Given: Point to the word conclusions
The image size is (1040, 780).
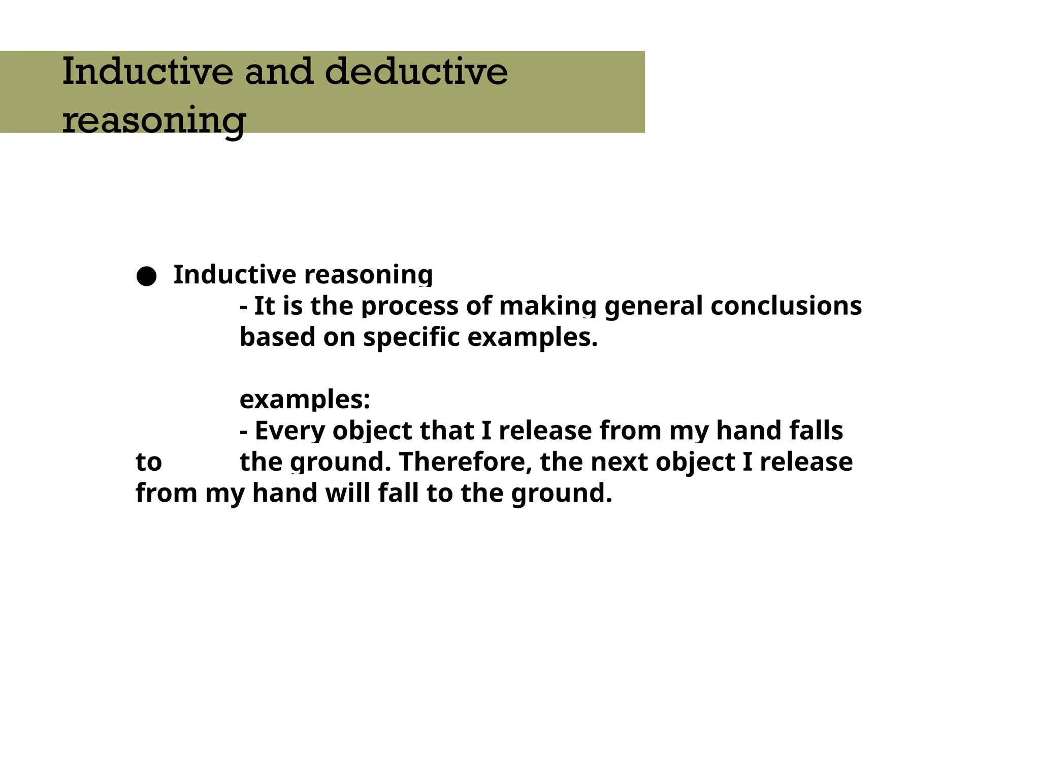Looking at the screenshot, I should (x=786, y=306).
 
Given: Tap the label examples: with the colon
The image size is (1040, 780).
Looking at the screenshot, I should (x=305, y=400).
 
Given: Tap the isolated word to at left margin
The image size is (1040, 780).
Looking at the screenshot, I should (x=148, y=462).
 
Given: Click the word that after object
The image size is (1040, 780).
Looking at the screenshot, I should (x=446, y=431).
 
